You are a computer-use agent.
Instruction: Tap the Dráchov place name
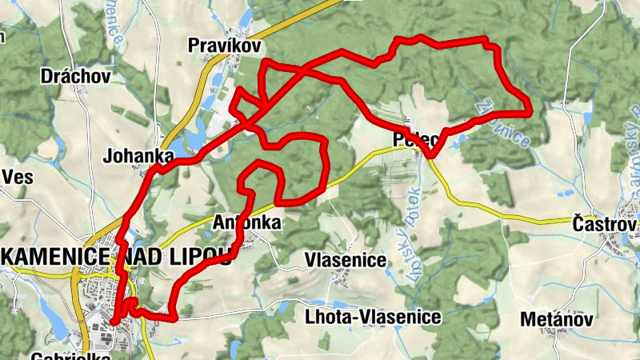click(75, 77)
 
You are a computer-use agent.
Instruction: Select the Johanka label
click(138, 156)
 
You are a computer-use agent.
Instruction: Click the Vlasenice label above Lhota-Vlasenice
click(346, 261)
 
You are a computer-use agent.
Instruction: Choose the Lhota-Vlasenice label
click(373, 318)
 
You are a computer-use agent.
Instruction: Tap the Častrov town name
click(604, 223)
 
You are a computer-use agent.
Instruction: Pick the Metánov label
click(556, 320)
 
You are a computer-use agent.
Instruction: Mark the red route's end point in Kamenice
click(114, 321)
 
